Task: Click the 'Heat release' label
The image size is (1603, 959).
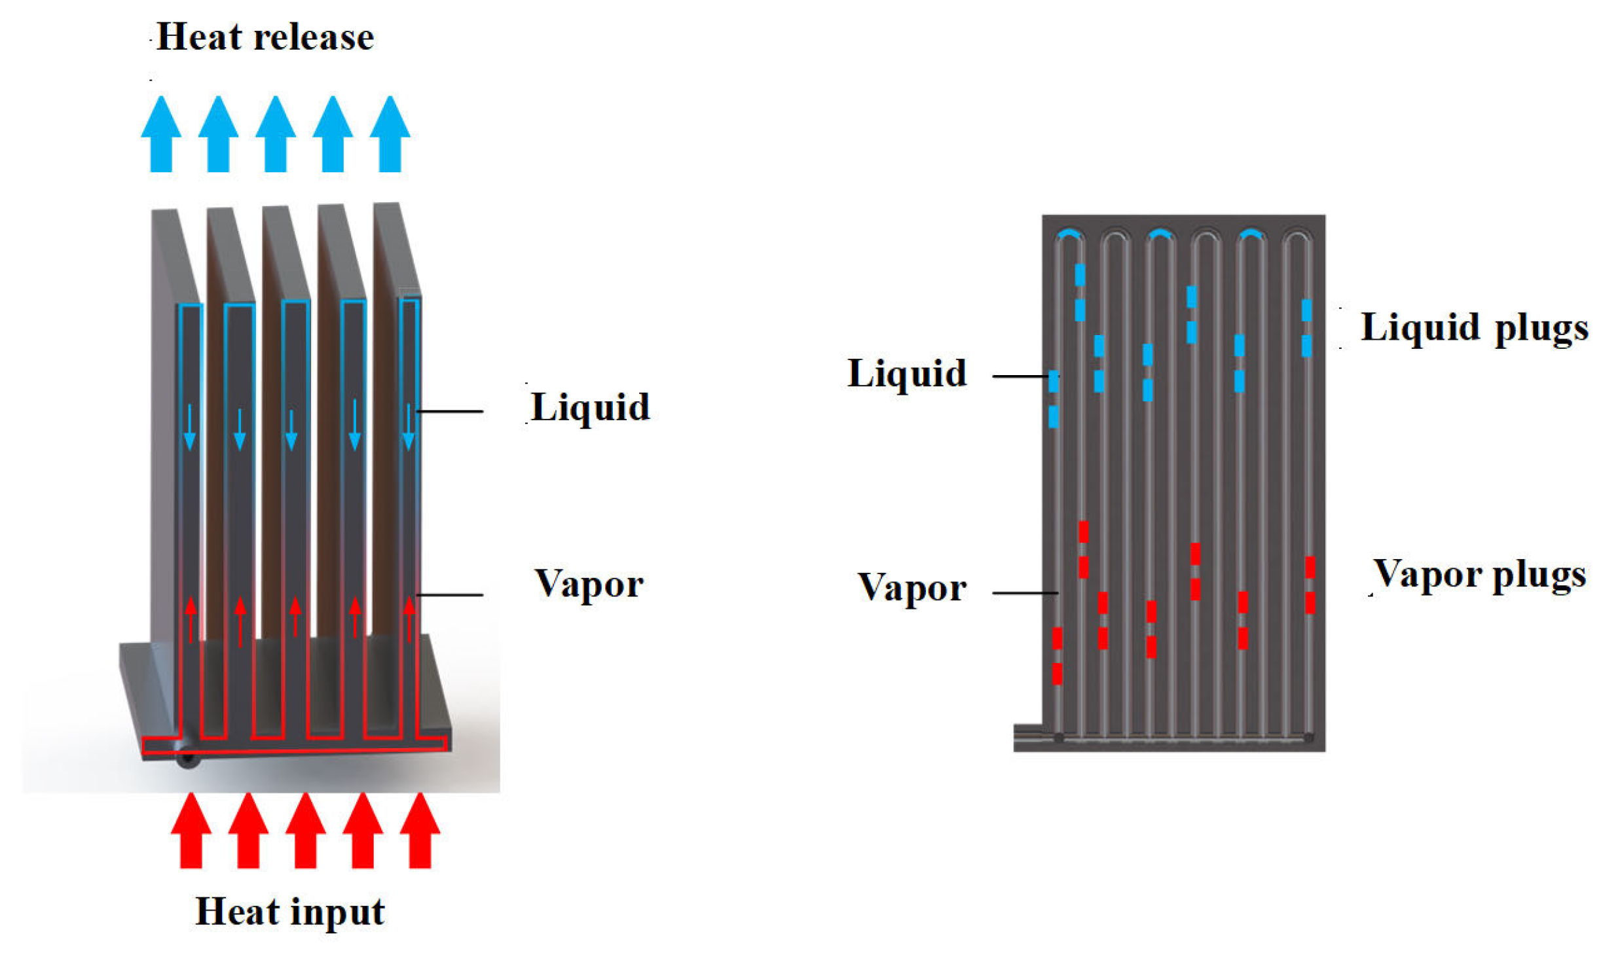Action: click(x=265, y=37)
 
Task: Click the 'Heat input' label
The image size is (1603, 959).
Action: click(x=290, y=912)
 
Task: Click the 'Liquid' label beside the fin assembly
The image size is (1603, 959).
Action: click(x=589, y=407)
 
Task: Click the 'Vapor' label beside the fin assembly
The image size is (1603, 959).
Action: click(x=589, y=583)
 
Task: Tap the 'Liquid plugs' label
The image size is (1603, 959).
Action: click(x=1474, y=327)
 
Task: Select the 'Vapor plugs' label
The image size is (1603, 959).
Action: click(x=1479, y=575)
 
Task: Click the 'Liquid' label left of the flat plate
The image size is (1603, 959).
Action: click(x=906, y=374)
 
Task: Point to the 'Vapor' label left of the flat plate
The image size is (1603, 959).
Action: click(x=912, y=587)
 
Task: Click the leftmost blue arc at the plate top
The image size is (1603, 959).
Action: click(x=1069, y=233)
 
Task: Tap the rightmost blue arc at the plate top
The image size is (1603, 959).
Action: click(x=1251, y=233)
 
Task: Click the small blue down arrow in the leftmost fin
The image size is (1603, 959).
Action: click(x=190, y=427)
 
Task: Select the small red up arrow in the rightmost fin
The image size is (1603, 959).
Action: click(x=409, y=619)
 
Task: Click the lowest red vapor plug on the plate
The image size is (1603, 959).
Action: click(x=1057, y=674)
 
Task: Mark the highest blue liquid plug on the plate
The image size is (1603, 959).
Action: click(x=1080, y=275)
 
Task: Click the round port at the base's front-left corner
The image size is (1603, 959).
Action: click(x=188, y=759)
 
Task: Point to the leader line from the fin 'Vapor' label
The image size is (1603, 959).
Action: click(x=449, y=595)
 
